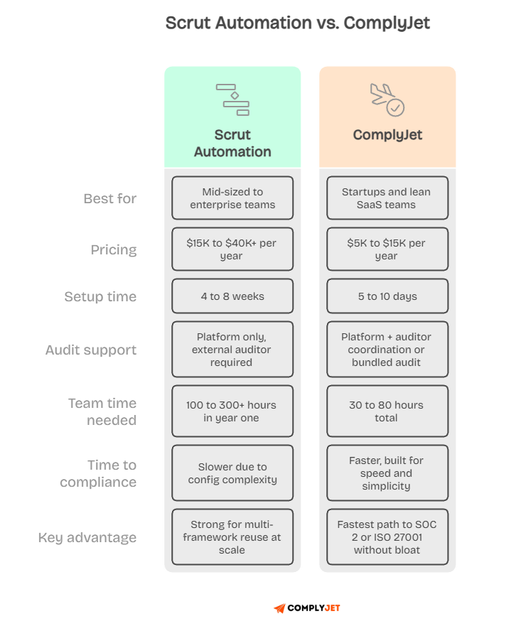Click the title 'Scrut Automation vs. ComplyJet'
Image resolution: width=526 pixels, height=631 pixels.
tap(298, 23)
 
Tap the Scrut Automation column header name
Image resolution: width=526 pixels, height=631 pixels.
tap(232, 143)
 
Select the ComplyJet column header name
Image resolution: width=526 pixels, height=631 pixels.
tap(387, 135)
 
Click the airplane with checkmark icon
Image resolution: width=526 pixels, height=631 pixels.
tap(387, 99)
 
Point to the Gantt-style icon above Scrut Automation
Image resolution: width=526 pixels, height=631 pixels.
tap(232, 99)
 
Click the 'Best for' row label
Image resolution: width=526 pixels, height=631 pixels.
tap(109, 198)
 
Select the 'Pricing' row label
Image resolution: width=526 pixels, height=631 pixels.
tap(113, 249)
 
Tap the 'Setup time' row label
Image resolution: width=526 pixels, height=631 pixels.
tap(100, 296)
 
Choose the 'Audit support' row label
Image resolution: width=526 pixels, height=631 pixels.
tap(90, 350)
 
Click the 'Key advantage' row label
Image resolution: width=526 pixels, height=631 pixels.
tap(87, 537)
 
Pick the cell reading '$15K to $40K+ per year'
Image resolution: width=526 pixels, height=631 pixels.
tap(232, 249)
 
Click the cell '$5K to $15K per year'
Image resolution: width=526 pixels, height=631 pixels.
tap(387, 249)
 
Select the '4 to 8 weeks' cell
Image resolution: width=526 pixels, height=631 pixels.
tap(232, 296)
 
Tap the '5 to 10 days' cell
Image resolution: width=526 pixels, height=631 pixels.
tap(387, 296)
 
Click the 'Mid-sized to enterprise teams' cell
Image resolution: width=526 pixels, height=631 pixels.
tap(232, 198)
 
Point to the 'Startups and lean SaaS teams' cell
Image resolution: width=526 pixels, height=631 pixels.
tap(387, 198)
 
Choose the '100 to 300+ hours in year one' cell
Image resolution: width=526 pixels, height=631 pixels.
tap(232, 411)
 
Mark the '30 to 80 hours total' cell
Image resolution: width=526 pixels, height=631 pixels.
tap(387, 411)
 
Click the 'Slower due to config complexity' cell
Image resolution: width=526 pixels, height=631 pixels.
tap(232, 473)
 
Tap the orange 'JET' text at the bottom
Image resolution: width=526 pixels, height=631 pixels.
tap(332, 608)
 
